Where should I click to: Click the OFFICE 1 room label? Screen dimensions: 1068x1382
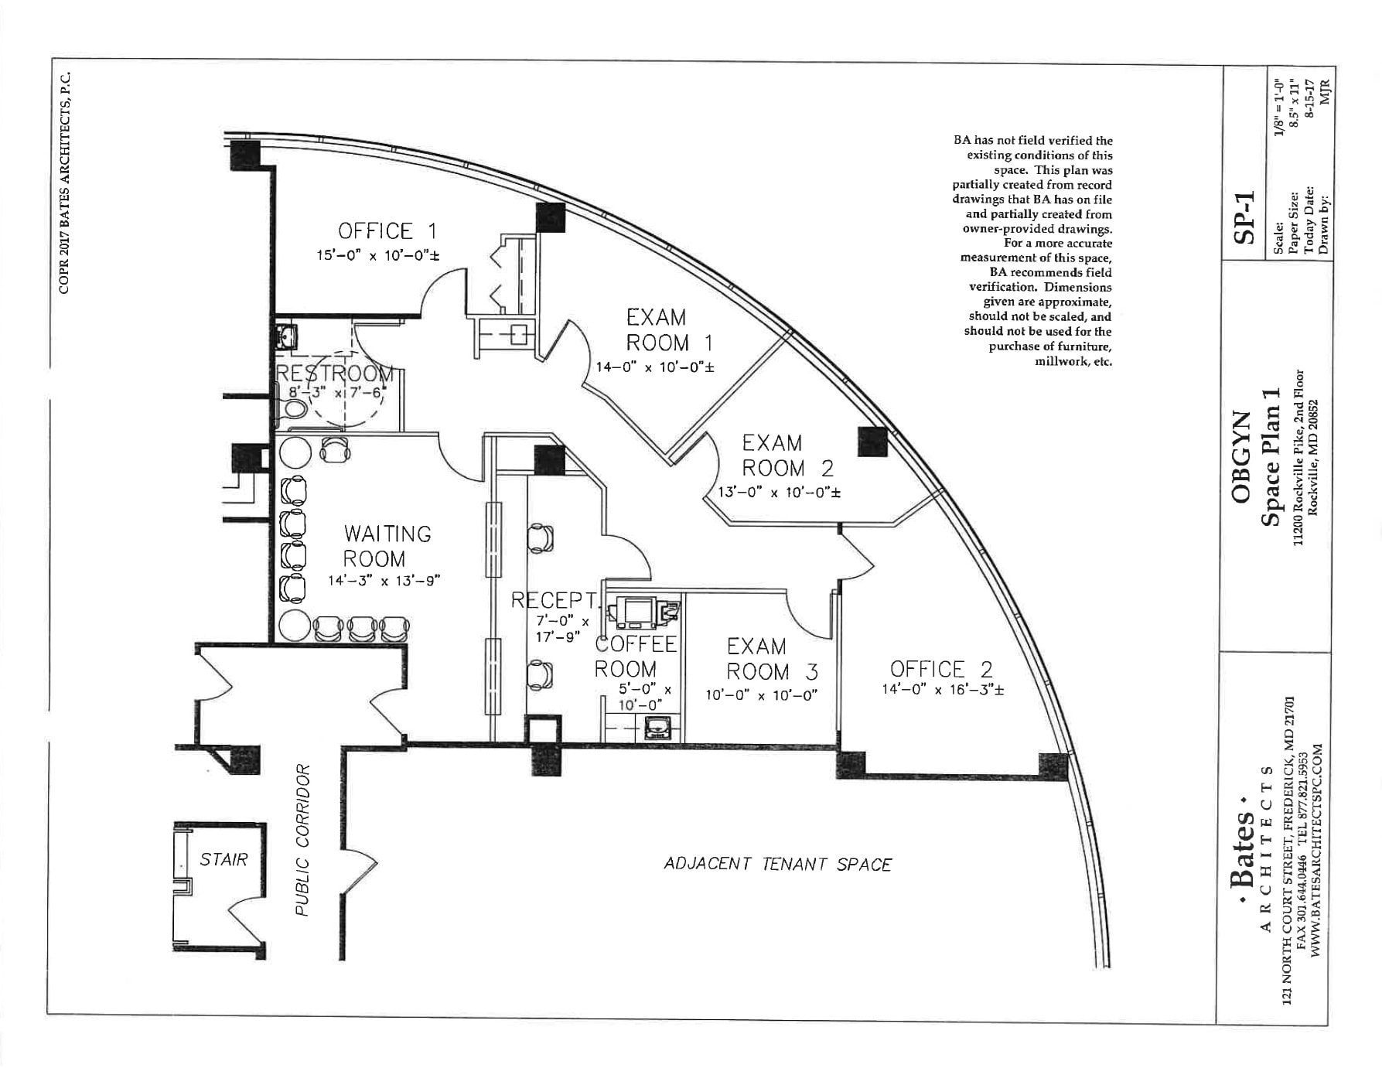[x=387, y=230]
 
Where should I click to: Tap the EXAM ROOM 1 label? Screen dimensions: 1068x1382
[x=668, y=330]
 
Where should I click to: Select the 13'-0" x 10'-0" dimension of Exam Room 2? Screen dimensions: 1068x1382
[x=778, y=492]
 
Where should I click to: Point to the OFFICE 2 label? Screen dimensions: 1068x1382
[x=941, y=669]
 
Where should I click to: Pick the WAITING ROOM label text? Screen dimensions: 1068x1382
[x=387, y=546]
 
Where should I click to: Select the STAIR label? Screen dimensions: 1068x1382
[x=224, y=859]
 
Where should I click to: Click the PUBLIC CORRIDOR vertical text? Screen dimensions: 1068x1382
[x=302, y=841]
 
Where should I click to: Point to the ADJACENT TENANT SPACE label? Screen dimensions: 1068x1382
[x=777, y=864]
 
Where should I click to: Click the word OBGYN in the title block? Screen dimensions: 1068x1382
[x=1240, y=457]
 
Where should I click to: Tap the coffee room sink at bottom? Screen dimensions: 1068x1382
[x=658, y=728]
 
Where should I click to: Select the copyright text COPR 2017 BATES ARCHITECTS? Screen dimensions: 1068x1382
[x=65, y=183]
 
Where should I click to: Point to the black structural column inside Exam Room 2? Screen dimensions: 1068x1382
[x=872, y=441]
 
